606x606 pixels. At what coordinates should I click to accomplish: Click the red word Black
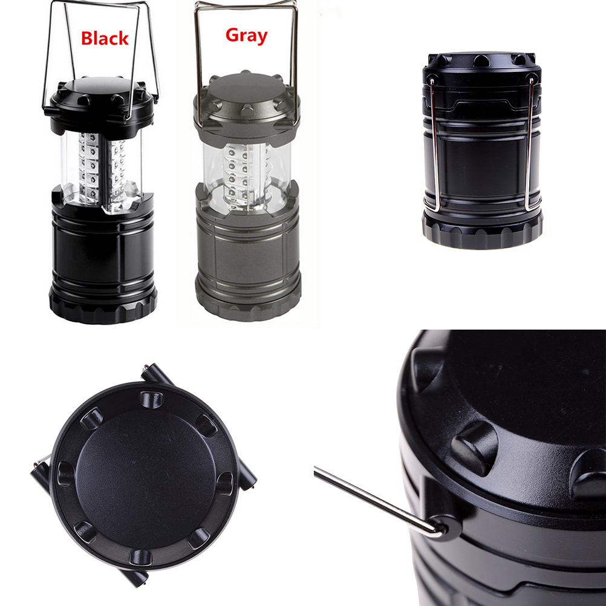coord(105,38)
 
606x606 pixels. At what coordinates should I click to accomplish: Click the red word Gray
coord(247,36)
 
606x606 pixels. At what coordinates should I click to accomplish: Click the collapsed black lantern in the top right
coord(482,150)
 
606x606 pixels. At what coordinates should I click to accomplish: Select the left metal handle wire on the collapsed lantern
coord(435,145)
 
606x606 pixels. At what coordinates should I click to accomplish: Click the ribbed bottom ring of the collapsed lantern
coord(482,231)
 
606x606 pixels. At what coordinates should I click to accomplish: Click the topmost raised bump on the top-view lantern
coord(151,400)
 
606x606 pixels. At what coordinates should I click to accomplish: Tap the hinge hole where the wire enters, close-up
coord(445,527)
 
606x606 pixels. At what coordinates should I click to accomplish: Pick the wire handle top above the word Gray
coord(246,5)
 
